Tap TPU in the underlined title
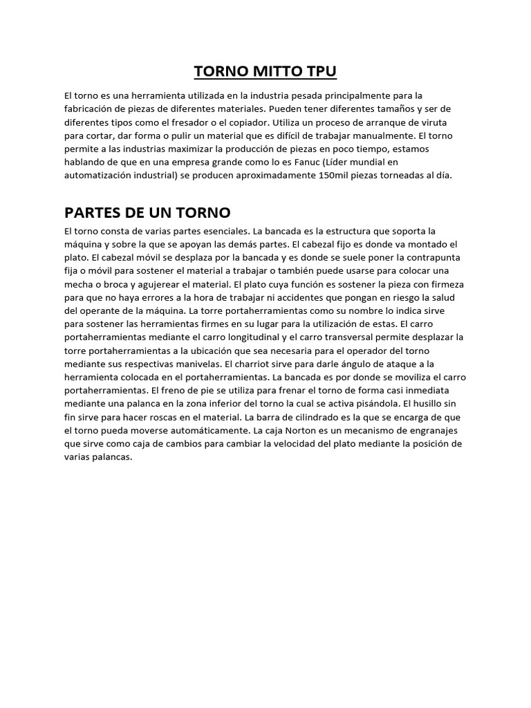point(318,72)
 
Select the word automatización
point(97,175)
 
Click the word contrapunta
point(436,257)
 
